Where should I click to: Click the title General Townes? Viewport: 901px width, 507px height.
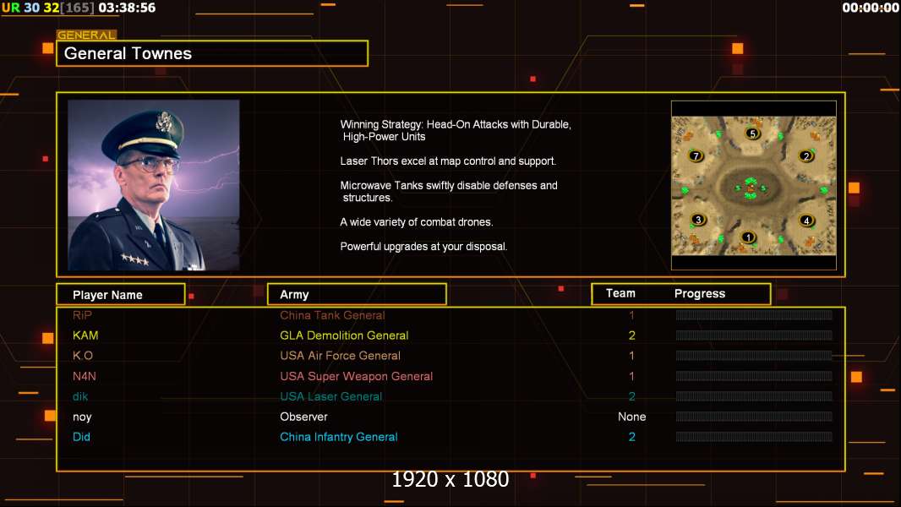tap(128, 53)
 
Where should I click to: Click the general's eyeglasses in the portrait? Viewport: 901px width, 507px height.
tap(149, 163)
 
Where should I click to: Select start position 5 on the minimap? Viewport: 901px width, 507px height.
tap(753, 133)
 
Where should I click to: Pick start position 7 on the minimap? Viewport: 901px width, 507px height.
tap(696, 156)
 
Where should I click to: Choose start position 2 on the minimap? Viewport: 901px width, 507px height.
tap(806, 156)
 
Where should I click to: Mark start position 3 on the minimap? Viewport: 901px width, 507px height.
tap(697, 220)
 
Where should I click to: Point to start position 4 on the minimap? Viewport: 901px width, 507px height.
tap(806, 221)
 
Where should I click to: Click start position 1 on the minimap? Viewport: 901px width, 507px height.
tap(748, 237)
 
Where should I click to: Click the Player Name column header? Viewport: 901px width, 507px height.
tap(107, 295)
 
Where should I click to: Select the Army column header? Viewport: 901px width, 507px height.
tap(294, 295)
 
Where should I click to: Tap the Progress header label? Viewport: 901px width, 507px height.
tap(700, 294)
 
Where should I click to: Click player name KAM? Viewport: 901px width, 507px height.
tap(85, 335)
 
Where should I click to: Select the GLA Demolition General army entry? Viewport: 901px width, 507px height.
tap(344, 335)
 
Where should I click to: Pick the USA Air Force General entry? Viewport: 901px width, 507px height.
tap(340, 356)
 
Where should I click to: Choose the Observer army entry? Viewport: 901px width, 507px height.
tap(303, 417)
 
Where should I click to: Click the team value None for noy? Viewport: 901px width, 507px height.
tap(631, 417)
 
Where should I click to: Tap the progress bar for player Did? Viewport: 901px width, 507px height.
tap(754, 437)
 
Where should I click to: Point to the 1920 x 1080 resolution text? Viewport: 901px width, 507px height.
tap(450, 480)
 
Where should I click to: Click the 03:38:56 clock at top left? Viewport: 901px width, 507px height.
tap(127, 8)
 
